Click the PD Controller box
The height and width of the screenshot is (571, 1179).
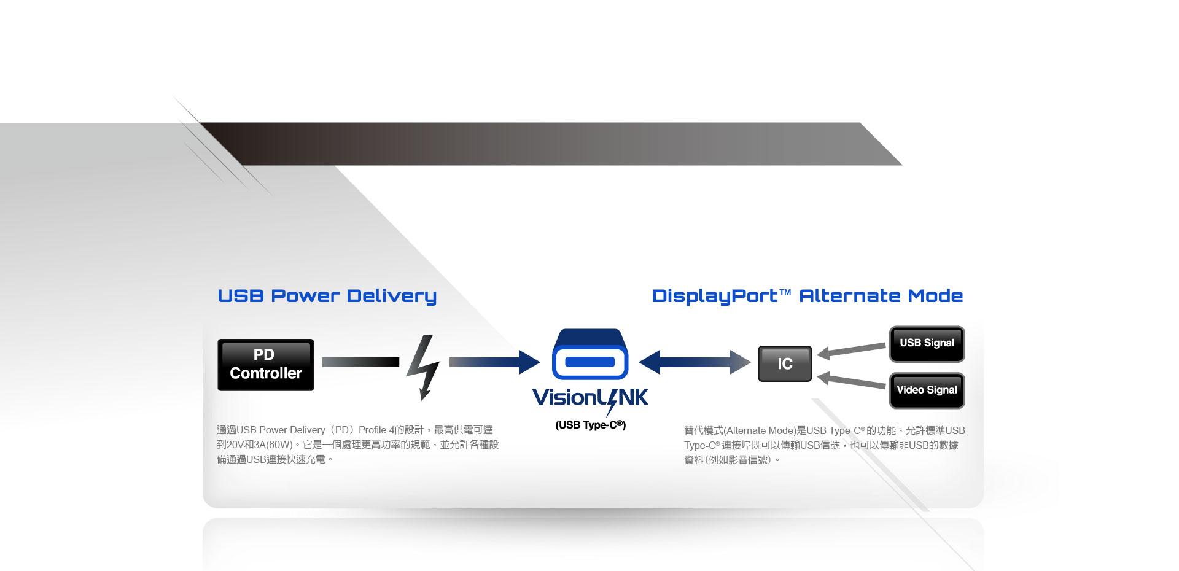[265, 365]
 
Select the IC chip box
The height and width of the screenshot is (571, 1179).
[785, 363]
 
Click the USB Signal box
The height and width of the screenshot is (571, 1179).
[927, 343]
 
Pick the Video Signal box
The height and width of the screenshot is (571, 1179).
[927, 390]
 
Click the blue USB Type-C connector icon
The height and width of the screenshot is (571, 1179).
[589, 355]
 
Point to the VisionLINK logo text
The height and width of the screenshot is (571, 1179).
[589, 398]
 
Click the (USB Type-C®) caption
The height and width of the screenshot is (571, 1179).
[590, 425]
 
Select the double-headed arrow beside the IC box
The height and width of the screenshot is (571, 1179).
[695, 362]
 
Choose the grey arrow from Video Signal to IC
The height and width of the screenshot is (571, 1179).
[852, 381]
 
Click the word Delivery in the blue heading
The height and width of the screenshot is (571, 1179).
[391, 297]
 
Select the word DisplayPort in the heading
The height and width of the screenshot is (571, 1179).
[715, 297]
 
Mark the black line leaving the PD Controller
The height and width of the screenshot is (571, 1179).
[360, 362]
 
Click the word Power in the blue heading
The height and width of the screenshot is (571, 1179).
[305, 296]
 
